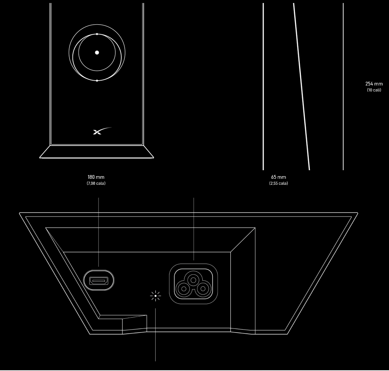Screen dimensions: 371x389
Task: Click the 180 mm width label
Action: coord(96,177)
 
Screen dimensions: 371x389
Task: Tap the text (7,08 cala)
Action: coord(96,183)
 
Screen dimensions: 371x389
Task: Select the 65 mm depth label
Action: coord(278,177)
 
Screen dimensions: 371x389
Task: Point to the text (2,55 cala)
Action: coord(278,183)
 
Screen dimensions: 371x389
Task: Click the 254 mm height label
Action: coord(374,84)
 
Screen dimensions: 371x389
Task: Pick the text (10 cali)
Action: coord(374,90)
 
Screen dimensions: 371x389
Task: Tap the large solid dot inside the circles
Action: coord(97,53)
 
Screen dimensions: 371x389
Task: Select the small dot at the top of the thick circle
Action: coord(97,34)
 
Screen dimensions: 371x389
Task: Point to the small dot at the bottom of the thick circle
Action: coord(97,81)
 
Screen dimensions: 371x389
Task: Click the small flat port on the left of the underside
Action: coord(99,280)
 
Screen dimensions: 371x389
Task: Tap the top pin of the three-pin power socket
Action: coord(193,280)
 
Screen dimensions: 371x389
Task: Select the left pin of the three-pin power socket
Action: coord(184,289)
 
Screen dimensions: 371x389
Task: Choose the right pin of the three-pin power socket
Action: coord(203,289)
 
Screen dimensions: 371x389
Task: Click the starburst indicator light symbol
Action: coord(155,296)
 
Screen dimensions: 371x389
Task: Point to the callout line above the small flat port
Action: coord(99,231)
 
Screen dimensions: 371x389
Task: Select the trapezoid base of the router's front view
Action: coord(97,152)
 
